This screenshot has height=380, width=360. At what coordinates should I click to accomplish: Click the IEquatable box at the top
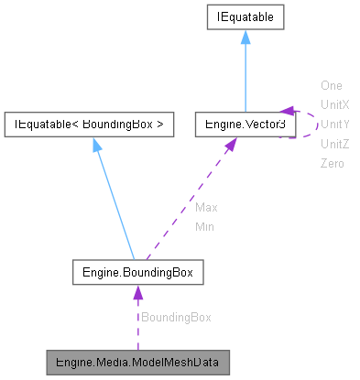245,16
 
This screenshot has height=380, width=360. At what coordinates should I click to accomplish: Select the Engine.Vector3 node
245,124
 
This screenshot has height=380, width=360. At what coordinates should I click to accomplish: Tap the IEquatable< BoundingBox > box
89,124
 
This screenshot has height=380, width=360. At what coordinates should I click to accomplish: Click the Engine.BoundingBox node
137,273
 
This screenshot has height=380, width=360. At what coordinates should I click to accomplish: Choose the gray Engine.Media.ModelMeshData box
137,362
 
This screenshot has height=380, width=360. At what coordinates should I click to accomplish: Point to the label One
331,85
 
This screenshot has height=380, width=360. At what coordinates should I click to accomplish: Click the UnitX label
334,104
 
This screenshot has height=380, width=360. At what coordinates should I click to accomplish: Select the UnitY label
334,124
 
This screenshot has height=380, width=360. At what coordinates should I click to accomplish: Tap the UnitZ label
334,144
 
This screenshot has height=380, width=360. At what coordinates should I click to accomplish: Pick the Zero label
332,163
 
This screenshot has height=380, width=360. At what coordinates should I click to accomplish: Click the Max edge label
206,207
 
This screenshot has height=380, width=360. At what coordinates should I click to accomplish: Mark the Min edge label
205,226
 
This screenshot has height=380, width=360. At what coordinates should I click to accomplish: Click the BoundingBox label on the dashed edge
175,317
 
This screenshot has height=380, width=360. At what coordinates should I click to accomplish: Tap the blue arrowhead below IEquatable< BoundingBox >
96,144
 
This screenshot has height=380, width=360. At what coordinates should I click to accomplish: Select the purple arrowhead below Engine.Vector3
229,145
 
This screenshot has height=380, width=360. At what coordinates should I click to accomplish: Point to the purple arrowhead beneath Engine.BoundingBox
137,293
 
